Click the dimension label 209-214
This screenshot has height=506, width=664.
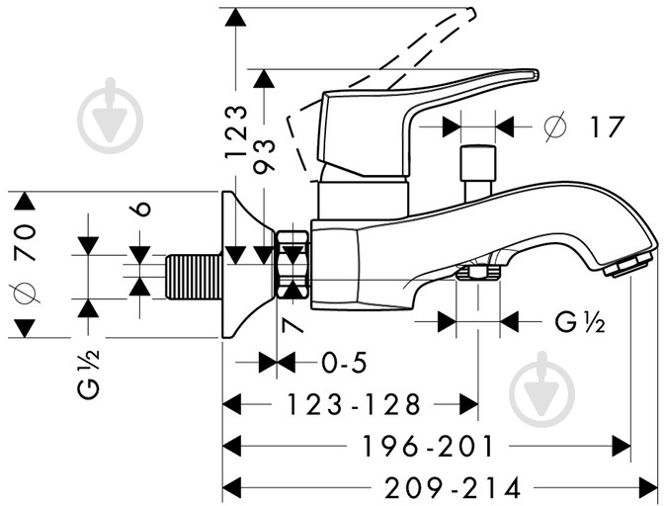coord(452,488)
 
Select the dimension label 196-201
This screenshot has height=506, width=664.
coord(428,447)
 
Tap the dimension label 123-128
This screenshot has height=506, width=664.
coord(353,404)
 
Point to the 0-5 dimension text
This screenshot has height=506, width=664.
coord(344,363)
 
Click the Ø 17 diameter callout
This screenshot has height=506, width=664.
coord(584,126)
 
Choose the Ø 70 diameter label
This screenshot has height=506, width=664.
coord(25,264)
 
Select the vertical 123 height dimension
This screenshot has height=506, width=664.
coord(235,132)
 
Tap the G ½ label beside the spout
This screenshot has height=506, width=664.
coord(580,322)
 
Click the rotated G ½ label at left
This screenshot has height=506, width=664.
coord(88,374)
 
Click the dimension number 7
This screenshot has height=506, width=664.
coord(292,326)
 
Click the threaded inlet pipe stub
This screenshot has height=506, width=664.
coord(193,277)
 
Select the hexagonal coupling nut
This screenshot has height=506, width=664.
coord(292,265)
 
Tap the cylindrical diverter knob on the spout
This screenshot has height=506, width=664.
coord(478,173)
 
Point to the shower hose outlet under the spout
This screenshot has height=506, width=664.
coord(477,272)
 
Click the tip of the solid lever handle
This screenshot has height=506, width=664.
coord(537,74)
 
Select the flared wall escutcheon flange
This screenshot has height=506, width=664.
coord(247,265)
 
